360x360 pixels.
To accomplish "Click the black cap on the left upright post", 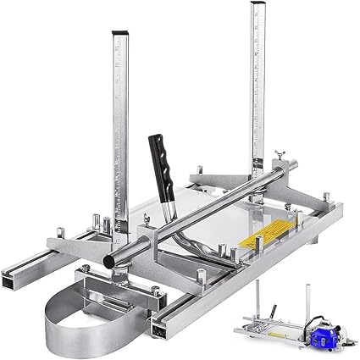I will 118,36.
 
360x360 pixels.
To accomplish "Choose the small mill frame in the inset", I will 292,318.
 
